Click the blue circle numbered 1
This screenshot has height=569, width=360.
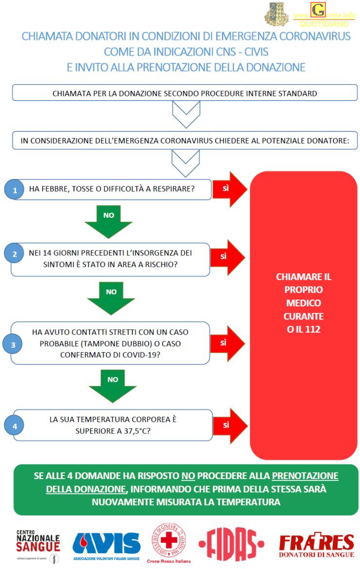15,190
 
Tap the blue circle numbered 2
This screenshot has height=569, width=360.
15,253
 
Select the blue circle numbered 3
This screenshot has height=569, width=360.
13,344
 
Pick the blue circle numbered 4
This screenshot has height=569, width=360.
15,427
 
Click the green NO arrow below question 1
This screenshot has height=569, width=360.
108,221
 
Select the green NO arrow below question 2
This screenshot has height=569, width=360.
111,297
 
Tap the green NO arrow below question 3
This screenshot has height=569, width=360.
113,385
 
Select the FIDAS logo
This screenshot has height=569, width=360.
232,543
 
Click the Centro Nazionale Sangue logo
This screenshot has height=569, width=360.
38,544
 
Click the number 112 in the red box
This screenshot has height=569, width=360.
313,330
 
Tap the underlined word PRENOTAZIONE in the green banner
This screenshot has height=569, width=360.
305,476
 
